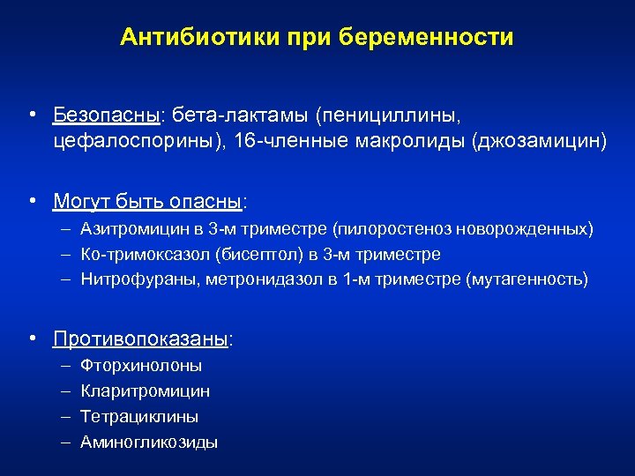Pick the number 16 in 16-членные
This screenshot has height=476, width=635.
tap(244, 141)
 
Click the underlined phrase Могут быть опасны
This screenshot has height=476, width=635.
tap(147, 201)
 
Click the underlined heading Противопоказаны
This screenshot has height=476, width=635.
tap(140, 338)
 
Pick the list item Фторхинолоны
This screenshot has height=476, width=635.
tap(141, 365)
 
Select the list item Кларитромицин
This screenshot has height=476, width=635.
tap(145, 390)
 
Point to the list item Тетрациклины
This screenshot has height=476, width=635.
tap(138, 416)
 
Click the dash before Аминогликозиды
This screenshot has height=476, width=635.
tap(67, 442)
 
